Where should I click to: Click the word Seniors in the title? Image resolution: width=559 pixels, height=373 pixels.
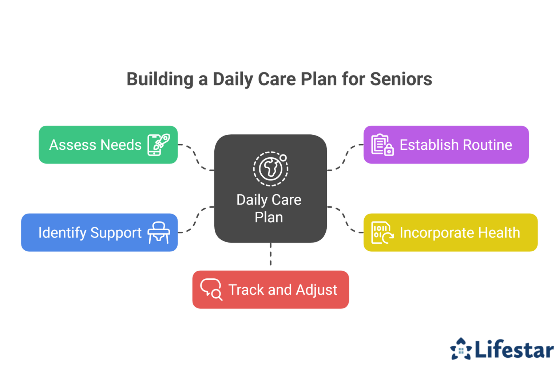(401, 79)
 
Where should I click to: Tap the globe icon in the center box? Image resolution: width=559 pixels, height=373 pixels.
(271, 169)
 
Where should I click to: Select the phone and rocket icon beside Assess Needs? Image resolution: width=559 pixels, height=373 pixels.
(159, 145)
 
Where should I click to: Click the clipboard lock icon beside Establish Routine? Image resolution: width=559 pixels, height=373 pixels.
(382, 145)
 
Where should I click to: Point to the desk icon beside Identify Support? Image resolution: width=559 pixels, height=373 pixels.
(159, 233)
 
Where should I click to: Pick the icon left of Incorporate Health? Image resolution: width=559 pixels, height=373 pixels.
(382, 233)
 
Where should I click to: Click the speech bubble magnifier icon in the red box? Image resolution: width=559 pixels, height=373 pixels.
(211, 290)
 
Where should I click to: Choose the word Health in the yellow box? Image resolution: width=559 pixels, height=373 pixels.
(499, 233)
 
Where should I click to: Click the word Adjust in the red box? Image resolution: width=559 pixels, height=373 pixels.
(317, 290)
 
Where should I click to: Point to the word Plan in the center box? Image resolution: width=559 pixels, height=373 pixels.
(269, 217)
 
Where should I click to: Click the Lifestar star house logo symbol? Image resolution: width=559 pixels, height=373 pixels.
(461, 349)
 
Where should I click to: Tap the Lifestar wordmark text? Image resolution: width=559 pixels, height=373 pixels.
(515, 349)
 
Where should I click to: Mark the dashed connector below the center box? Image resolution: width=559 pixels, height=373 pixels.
(271, 254)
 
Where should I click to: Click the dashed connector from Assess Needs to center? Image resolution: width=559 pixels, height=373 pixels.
(196, 157)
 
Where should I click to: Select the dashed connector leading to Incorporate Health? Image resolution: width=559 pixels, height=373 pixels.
(345, 219)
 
